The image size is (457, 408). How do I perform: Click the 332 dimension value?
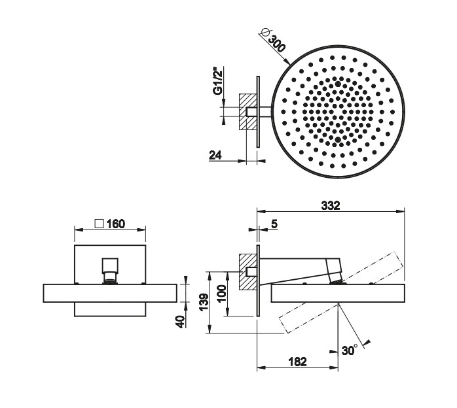331,205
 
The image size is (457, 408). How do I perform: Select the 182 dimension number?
298,362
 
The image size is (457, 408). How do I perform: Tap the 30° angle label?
350,350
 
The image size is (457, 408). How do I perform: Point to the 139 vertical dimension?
204,302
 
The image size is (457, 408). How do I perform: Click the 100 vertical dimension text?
222,294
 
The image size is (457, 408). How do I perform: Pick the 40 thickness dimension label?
181,322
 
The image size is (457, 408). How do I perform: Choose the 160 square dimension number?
116,224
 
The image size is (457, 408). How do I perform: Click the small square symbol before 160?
100,224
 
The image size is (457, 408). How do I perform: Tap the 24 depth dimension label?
215,155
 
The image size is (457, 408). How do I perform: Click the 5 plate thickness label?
274,224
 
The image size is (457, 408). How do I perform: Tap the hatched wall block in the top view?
247,112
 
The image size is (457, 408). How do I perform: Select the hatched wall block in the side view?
247,272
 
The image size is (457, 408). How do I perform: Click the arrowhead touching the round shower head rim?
287,61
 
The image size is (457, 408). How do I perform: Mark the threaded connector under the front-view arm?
110,277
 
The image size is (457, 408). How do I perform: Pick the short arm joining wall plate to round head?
265,112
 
